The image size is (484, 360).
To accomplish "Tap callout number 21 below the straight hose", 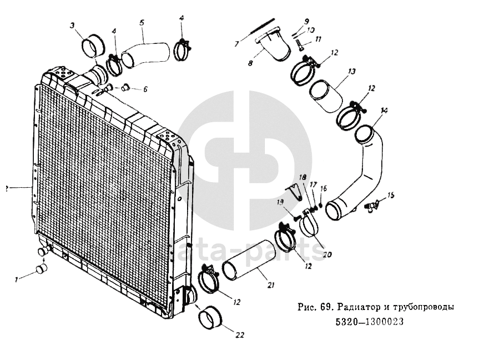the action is [x=270, y=286].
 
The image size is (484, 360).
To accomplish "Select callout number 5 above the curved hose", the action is [x=142, y=23].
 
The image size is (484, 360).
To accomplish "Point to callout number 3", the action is [x=73, y=25].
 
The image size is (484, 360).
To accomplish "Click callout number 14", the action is [x=384, y=111].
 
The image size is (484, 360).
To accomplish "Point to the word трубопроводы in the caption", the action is [x=427, y=307].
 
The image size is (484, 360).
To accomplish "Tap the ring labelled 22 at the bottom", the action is [x=210, y=318].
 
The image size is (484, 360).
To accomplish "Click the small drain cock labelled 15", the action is [x=370, y=206].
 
